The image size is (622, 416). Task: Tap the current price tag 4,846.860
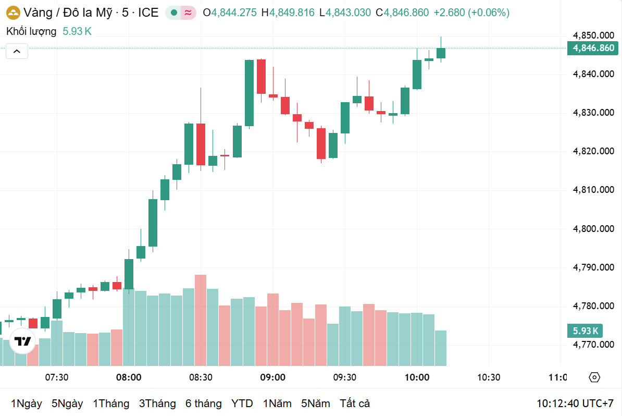[593, 48]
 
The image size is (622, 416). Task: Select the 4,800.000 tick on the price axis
[593, 229]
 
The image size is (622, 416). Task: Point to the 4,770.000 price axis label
[593, 345]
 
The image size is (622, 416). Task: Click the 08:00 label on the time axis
[129, 377]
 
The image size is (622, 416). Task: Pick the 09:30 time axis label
[344, 377]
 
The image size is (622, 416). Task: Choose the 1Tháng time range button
[111, 403]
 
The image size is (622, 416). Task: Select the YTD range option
[242, 403]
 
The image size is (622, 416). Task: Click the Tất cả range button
[355, 403]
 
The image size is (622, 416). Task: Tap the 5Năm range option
[315, 403]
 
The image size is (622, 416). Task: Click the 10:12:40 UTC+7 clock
[575, 403]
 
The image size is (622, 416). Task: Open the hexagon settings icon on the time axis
[594, 377]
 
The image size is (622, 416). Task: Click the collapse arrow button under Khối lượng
[17, 51]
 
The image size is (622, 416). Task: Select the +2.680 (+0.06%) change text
[471, 13]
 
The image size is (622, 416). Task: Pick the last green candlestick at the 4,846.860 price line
[441, 53]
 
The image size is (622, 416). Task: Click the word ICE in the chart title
[148, 13]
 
